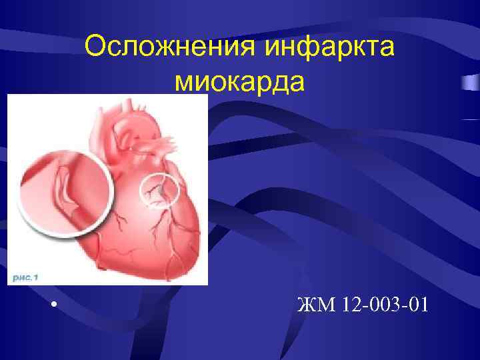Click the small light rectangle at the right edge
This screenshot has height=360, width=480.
471,83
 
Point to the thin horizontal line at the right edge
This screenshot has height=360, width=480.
471,119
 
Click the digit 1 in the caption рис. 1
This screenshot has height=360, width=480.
37,275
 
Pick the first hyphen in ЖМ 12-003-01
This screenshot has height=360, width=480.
364,307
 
